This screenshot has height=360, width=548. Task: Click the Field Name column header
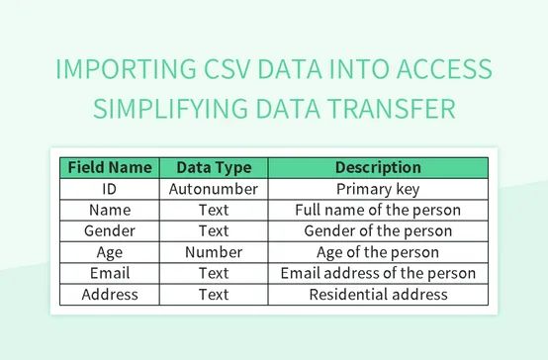click(x=109, y=167)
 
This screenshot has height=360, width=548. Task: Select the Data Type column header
click(x=214, y=167)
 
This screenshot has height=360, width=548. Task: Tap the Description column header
click(x=378, y=167)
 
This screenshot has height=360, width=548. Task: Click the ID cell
click(x=109, y=188)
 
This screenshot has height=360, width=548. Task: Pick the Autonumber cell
click(x=214, y=188)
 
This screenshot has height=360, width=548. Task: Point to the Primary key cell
click(x=378, y=188)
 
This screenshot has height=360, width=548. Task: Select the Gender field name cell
click(x=109, y=230)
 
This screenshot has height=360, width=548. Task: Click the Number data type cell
click(x=214, y=252)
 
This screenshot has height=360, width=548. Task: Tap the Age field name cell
click(x=109, y=252)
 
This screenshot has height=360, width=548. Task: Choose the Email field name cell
click(x=109, y=273)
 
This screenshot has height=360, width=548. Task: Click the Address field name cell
click(x=109, y=294)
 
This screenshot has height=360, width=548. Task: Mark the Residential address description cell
click(x=378, y=294)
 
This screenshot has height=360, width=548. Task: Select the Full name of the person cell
click(x=378, y=210)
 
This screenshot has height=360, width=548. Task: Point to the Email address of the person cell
click(x=378, y=273)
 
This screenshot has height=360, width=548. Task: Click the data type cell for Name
click(x=214, y=210)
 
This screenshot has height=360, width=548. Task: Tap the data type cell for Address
click(x=214, y=294)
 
